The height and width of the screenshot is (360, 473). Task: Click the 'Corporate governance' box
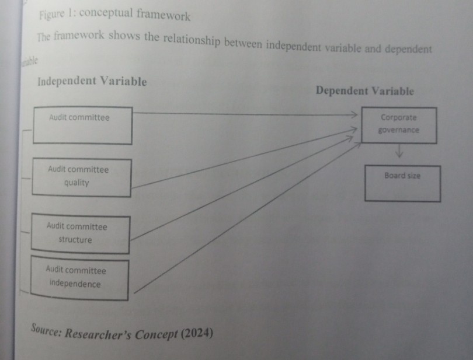[x=398, y=124]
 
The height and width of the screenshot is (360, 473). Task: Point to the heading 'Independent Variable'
[x=92, y=81]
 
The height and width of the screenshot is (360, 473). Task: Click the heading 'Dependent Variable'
[x=365, y=91]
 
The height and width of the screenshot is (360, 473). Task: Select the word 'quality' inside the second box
[x=76, y=183]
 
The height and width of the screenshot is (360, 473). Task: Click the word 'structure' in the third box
[x=75, y=240]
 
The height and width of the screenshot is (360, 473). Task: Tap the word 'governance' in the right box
[x=398, y=130]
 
